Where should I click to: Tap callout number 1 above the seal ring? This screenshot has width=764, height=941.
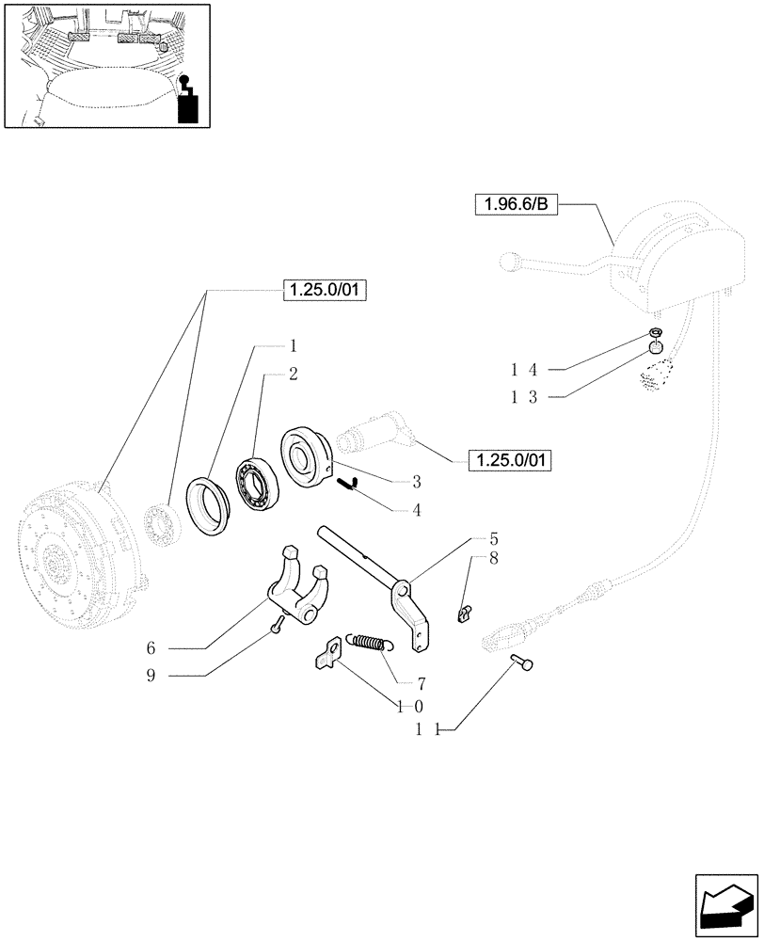(294, 345)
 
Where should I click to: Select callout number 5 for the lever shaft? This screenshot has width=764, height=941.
(493, 540)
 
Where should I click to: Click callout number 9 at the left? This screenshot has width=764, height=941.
(150, 676)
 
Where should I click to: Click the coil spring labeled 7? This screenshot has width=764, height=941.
(367, 643)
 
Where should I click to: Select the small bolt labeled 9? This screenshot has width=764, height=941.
(275, 625)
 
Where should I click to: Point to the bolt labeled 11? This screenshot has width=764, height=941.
(523, 663)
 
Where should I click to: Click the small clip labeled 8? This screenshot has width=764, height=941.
(462, 614)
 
